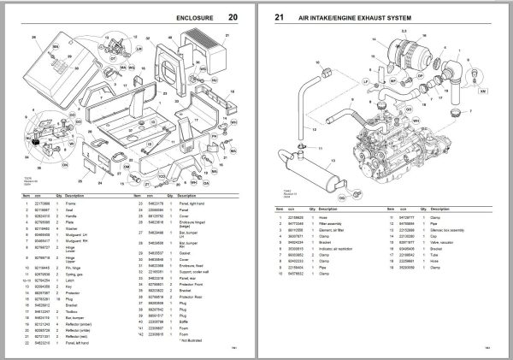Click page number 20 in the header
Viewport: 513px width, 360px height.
(x=233, y=17)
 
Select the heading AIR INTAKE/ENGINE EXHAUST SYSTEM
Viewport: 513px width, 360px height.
(x=360, y=17)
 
